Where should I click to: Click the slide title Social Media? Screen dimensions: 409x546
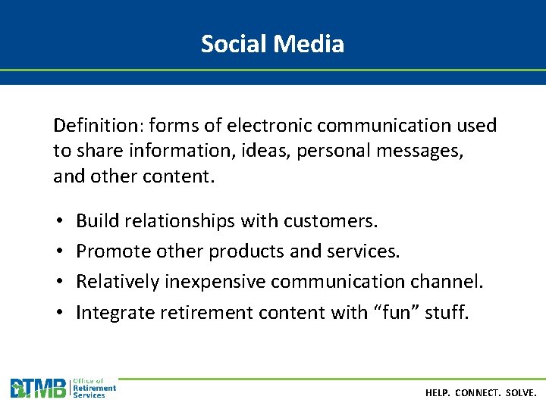272,44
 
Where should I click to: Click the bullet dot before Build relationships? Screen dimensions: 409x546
59,222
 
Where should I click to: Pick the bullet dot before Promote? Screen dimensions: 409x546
59,252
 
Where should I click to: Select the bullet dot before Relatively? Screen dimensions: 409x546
59,283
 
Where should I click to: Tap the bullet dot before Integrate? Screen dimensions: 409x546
59,313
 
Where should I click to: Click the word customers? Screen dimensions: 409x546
330,221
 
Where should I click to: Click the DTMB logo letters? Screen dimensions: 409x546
38,389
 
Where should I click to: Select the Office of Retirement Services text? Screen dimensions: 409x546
93,388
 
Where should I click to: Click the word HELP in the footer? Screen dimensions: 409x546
438,394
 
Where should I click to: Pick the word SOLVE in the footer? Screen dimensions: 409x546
521,394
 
